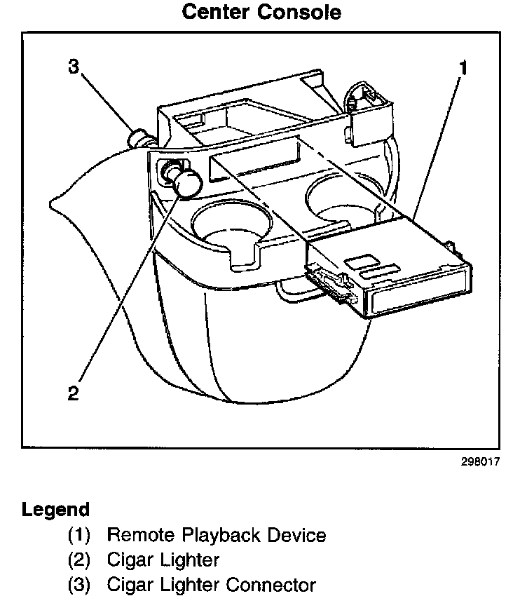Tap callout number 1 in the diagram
coord(463,67)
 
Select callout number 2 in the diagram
coord(74,392)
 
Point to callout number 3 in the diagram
coord(74,67)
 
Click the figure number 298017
coord(479,463)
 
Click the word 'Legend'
coord(56,509)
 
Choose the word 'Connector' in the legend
coord(270,584)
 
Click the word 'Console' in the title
coord(302,12)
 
